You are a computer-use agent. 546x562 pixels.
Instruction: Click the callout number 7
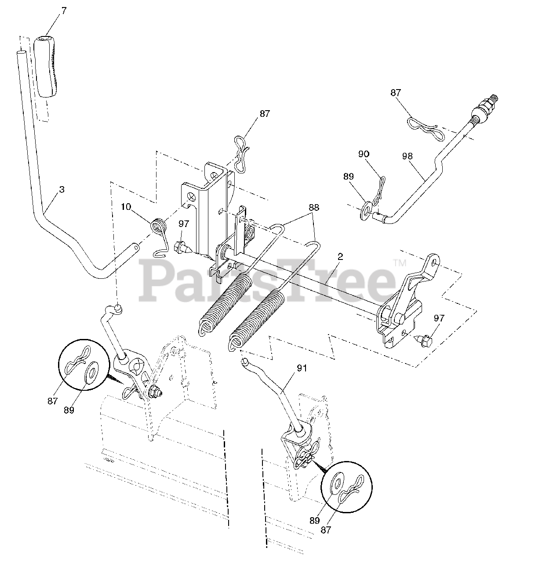64,11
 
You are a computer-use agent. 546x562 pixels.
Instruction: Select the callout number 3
62,190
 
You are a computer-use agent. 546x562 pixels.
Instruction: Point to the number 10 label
126,207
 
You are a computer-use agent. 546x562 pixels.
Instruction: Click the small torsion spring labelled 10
158,228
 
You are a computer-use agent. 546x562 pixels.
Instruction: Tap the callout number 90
364,154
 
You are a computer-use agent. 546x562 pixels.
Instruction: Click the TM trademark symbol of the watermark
400,263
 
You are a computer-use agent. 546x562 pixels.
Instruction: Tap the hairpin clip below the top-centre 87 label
241,153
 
